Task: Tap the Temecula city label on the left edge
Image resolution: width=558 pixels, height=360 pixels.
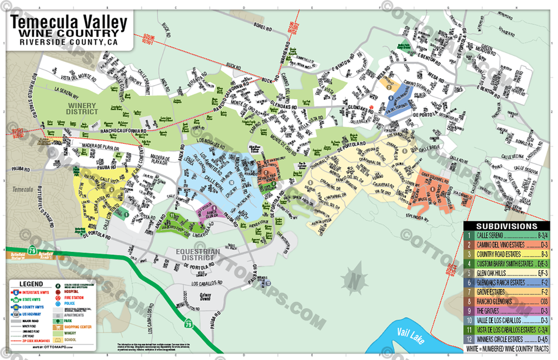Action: pyautogui.click(x=22, y=190)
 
